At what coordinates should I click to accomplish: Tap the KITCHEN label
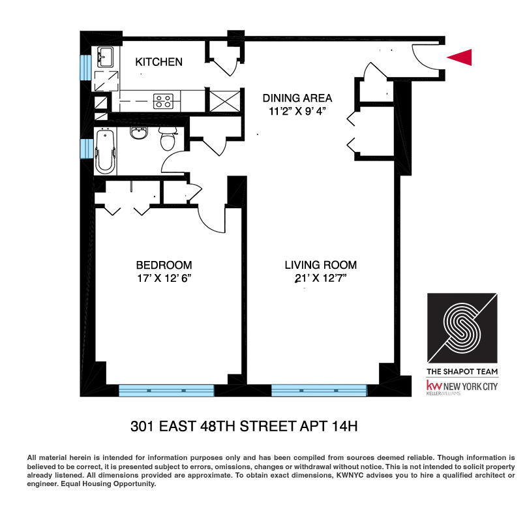[158, 62]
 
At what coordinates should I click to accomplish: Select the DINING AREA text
[297, 99]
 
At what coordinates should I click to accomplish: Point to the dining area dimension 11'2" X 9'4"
[297, 112]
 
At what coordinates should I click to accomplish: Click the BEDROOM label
[164, 265]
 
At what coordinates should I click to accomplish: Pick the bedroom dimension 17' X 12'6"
[164, 278]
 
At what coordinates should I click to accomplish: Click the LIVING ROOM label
[320, 265]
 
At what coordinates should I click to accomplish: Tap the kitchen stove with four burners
[163, 101]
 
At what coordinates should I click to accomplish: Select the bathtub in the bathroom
[104, 151]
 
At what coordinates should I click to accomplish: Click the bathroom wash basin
[139, 134]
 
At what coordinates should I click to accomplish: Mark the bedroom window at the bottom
[166, 390]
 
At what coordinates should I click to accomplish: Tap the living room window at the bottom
[319, 390]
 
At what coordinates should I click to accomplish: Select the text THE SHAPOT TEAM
[462, 372]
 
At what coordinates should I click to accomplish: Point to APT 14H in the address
[329, 427]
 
